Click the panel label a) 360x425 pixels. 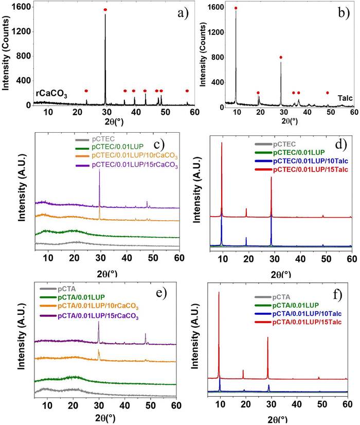pyautogui.click(x=183, y=13)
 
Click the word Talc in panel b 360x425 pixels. pyautogui.click(x=345, y=98)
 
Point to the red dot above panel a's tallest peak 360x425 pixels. pyautogui.click(x=105, y=10)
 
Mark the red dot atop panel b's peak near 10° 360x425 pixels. pyautogui.click(x=236, y=8)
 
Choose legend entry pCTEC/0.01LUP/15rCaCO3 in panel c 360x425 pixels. pyautogui.click(x=135, y=165)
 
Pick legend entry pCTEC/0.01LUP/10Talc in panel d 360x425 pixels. pyautogui.click(x=311, y=161)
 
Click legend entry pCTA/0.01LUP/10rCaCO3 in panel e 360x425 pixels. pyautogui.click(x=98, y=306)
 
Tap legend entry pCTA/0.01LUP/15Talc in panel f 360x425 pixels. pyautogui.click(x=307, y=322)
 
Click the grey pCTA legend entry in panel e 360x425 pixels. pyautogui.click(x=67, y=289)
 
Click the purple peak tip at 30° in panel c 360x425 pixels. pyautogui.click(x=99, y=169)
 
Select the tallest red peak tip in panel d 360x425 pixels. pyautogui.click(x=222, y=143)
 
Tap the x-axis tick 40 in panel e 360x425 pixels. pyautogui.click(x=124, y=405)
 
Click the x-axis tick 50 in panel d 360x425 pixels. pyautogui.click(x=326, y=259)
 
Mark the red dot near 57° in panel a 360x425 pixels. pyautogui.click(x=187, y=91)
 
